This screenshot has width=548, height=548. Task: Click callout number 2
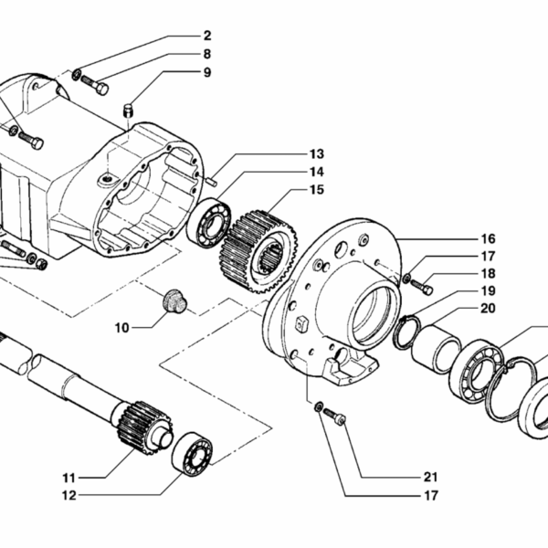click(206, 36)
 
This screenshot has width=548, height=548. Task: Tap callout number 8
click(206, 54)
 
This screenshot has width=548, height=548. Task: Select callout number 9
click(206, 72)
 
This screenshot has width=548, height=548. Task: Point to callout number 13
click(316, 153)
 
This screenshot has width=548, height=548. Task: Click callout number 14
click(316, 172)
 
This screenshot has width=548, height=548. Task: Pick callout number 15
click(316, 190)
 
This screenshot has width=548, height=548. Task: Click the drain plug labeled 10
click(172, 301)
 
